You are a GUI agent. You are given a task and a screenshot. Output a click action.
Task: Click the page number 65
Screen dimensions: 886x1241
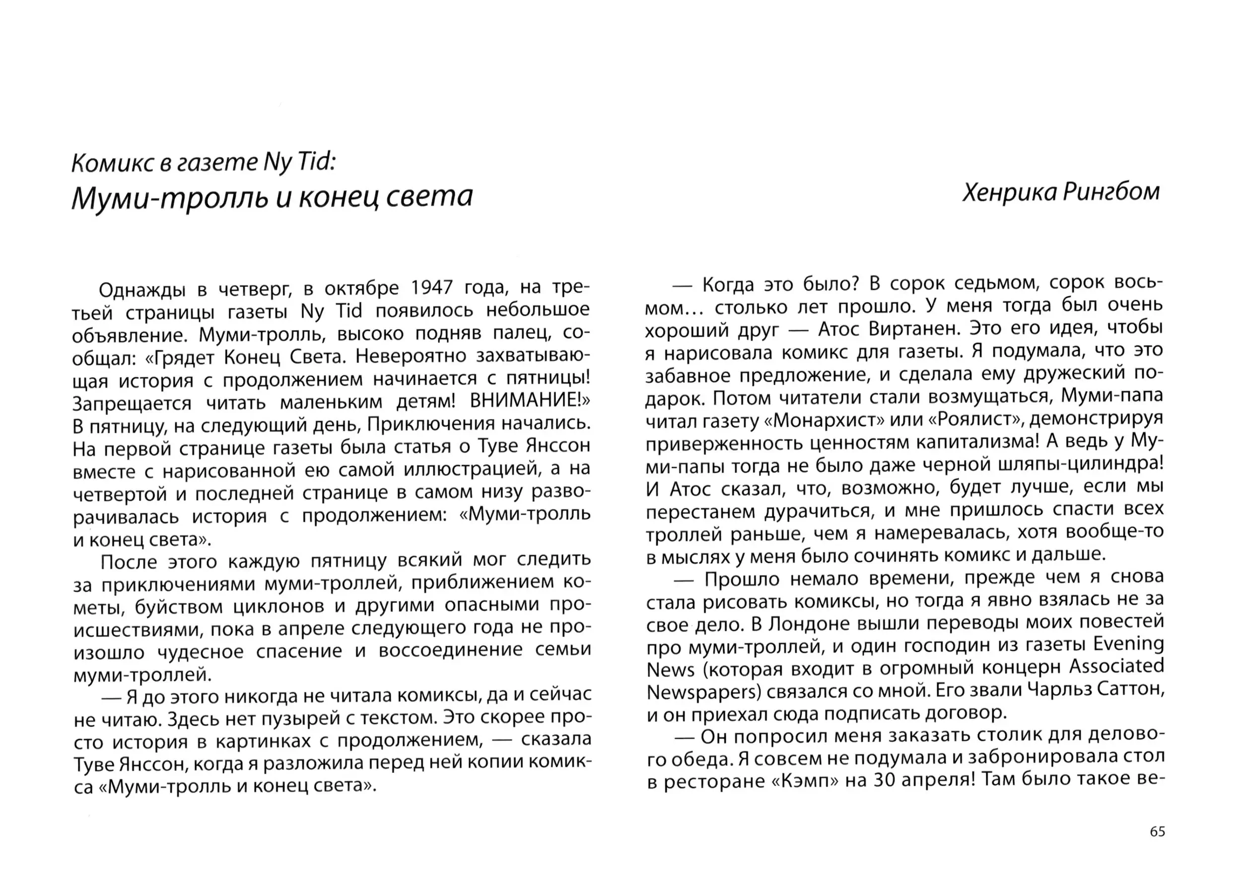tap(1157, 831)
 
